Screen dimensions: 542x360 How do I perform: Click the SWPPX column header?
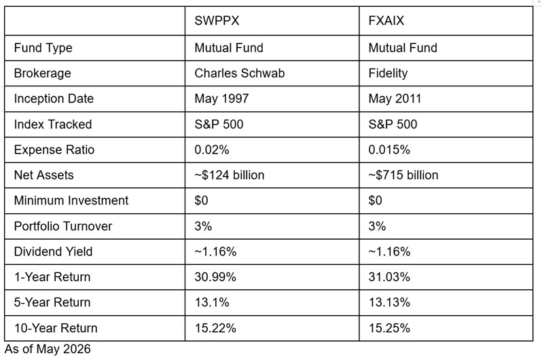click(217, 21)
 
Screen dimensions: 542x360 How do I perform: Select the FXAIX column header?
click(386, 21)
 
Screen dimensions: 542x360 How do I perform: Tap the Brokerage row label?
click(43, 73)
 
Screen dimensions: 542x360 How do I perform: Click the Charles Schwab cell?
click(240, 73)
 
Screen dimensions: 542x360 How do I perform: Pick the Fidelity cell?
click(388, 73)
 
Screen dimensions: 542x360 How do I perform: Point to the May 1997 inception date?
click(221, 98)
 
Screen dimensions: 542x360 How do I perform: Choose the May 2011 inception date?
click(395, 98)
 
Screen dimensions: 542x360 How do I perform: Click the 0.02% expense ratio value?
click(212, 149)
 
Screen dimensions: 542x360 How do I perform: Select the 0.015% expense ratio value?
click(389, 149)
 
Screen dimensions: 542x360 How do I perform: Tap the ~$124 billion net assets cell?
click(229, 175)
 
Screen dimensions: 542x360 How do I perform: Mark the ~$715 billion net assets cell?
click(403, 175)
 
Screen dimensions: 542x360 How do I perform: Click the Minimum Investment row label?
click(71, 200)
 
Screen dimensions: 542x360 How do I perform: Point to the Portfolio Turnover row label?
click(63, 226)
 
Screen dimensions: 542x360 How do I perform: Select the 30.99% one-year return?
click(215, 277)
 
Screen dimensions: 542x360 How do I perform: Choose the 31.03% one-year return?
click(389, 277)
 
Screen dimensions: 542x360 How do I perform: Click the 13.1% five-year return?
click(212, 302)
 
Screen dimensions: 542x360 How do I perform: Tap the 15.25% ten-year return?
click(389, 328)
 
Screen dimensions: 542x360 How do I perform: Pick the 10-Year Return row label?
click(56, 328)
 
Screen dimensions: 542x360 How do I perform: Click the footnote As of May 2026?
click(48, 349)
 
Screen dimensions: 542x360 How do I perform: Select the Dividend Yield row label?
click(53, 252)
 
